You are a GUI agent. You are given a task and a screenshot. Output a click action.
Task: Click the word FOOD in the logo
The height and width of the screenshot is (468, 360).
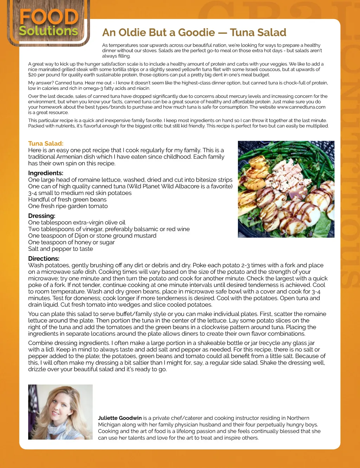pyautogui.click(x=49, y=17)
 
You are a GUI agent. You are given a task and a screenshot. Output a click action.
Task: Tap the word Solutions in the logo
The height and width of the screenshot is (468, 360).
pyautogui.click(x=49, y=31)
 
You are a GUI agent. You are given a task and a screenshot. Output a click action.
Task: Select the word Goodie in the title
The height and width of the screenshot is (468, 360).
pyautogui.click(x=196, y=33)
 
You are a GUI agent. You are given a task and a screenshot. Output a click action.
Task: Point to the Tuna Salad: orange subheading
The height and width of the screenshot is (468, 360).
pyautogui.click(x=46, y=144)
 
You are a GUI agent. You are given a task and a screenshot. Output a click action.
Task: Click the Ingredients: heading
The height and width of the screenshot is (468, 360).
pyautogui.click(x=46, y=173)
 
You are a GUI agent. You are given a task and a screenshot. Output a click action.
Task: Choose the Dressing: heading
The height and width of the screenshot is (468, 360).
pyautogui.click(x=42, y=216)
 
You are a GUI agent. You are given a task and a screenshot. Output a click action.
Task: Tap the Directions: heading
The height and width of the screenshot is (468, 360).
pyautogui.click(x=44, y=259)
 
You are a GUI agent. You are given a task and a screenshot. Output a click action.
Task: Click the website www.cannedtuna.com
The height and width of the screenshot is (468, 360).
pyautogui.click(x=301, y=107)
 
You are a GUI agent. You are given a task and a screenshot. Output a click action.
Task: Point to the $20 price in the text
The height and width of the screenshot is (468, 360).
pyautogui.click(x=32, y=75)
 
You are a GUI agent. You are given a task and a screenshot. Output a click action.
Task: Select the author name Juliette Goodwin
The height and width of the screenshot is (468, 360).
pyautogui.click(x=120, y=418)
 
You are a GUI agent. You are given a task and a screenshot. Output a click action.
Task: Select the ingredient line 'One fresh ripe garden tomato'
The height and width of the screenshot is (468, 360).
pyautogui.click(x=68, y=206)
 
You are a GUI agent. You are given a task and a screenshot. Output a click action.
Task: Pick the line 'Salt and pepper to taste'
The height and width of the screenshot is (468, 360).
pyautogui.click(x=60, y=249)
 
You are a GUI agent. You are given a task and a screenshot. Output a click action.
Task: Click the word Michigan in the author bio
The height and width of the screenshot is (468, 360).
pyautogui.click(x=110, y=425)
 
